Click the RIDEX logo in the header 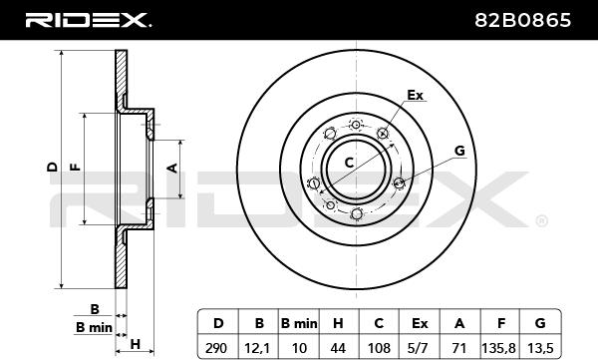coord(88,20)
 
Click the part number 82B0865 coord(523,20)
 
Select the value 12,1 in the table coord(259,348)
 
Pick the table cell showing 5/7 coord(420,348)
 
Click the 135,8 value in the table coord(500,348)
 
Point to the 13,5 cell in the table coord(540,348)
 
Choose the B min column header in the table coord(299,323)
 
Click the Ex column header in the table coord(420,323)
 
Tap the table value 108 coord(379,348)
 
